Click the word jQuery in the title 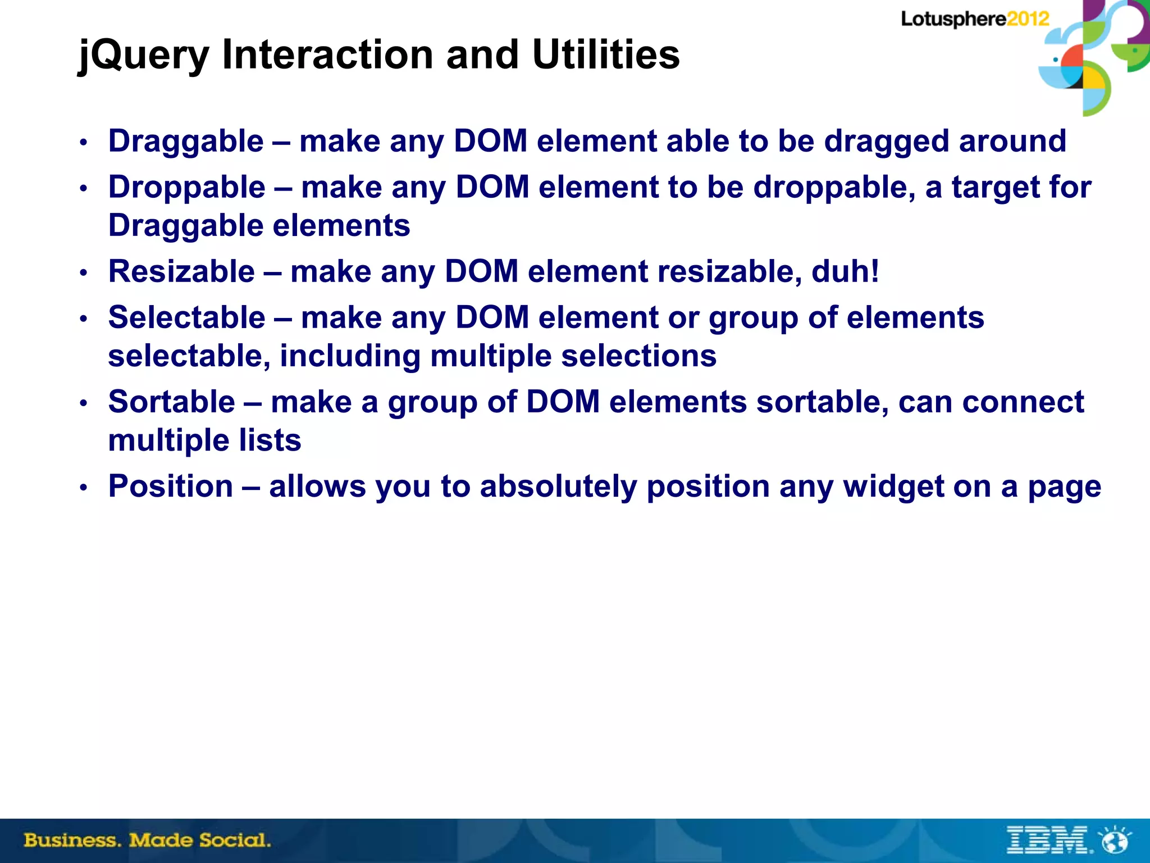click(143, 55)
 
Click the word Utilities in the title click(605, 54)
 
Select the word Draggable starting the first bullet click(186, 141)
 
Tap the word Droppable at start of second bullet click(186, 187)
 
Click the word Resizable click(181, 271)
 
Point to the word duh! click(845, 271)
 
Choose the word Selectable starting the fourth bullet click(186, 317)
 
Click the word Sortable click(171, 402)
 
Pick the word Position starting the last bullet click(171, 486)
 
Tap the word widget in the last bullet click(893, 486)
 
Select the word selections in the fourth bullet click(638, 356)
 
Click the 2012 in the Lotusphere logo click(1028, 19)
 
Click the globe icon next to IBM click(1115, 841)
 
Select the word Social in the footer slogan click(234, 841)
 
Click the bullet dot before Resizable click(83, 273)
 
